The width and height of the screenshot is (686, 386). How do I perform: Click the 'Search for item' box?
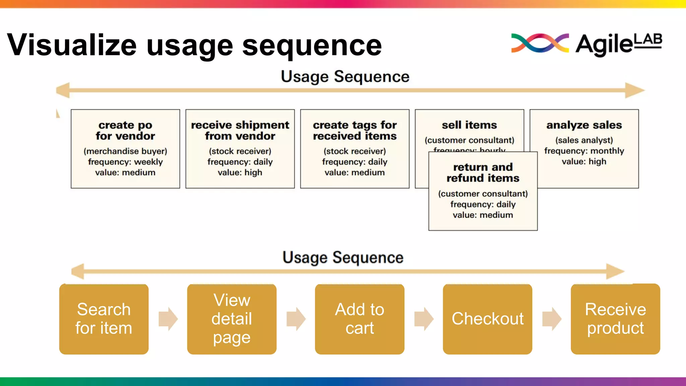(104, 319)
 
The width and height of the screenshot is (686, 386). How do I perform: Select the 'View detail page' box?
(232, 319)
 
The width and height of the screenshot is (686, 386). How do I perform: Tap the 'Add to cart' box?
(359, 319)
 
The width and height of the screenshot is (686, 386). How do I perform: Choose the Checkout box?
(487, 319)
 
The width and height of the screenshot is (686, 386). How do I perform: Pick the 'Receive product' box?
(615, 319)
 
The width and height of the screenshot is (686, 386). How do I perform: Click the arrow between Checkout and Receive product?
(552, 319)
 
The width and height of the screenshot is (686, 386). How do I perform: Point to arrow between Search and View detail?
(168, 319)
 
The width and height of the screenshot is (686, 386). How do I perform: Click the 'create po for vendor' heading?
(125, 130)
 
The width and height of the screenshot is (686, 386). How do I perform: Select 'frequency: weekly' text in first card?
(125, 162)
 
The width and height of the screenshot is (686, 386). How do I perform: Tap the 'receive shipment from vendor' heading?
(240, 130)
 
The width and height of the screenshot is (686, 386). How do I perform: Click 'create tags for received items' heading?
(355, 130)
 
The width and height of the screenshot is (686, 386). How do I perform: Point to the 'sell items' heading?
(469, 125)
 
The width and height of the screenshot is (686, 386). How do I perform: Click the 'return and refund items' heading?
(483, 173)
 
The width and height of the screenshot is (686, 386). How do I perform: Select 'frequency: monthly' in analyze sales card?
(584, 151)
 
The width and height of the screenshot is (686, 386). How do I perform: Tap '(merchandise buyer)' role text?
(125, 151)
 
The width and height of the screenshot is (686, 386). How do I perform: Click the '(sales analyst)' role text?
(584, 140)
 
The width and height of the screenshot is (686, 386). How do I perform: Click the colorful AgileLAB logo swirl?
(540, 43)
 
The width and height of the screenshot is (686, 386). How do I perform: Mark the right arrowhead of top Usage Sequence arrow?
(634, 90)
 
